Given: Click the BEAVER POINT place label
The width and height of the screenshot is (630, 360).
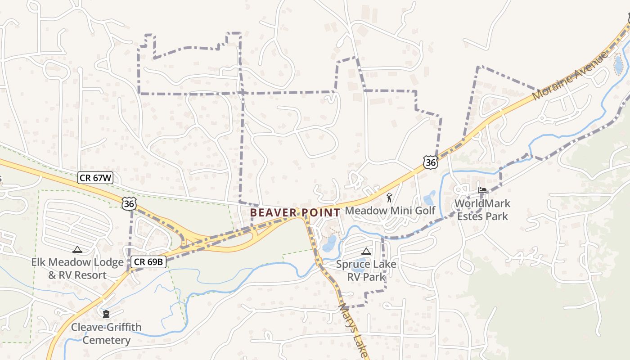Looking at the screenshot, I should click(x=295, y=212).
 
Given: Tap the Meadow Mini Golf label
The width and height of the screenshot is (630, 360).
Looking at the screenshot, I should click(x=390, y=211).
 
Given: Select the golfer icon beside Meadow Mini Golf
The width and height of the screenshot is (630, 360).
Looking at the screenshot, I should click(x=389, y=197).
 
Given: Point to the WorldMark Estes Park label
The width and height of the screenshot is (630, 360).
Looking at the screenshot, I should click(x=482, y=210).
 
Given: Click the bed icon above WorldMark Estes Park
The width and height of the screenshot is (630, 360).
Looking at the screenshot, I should click(x=482, y=190).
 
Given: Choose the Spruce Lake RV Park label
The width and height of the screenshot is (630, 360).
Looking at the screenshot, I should click(x=366, y=270).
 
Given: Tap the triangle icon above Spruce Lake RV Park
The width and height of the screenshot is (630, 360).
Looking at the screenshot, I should click(x=366, y=251).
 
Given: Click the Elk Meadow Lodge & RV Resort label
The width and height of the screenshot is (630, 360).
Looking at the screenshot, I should click(x=77, y=269).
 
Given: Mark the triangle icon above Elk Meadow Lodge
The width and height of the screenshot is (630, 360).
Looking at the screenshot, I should click(x=77, y=249).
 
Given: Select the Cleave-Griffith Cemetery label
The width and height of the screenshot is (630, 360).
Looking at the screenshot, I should click(x=106, y=333).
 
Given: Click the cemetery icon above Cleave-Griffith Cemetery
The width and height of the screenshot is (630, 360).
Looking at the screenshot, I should click(x=106, y=314).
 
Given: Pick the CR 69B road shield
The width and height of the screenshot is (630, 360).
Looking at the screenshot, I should click(x=149, y=261).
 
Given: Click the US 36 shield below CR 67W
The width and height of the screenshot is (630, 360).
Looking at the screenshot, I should click(x=129, y=204).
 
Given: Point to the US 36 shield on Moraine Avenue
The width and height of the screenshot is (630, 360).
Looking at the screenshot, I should click(x=430, y=162).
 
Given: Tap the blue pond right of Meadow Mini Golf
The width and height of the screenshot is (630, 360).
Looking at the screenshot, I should click(x=429, y=198).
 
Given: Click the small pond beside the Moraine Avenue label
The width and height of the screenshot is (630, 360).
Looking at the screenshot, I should click(x=619, y=64).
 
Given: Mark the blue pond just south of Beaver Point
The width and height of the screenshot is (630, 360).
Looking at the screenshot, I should click(x=329, y=243).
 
